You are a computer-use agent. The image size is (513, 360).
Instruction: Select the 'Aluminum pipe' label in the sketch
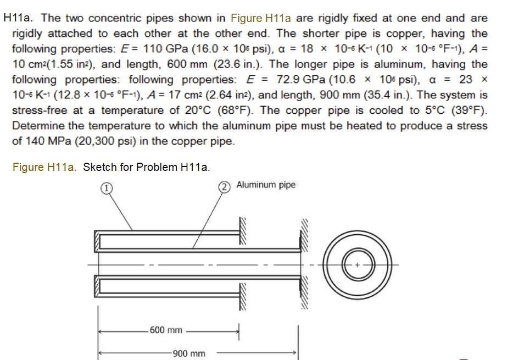[266, 185]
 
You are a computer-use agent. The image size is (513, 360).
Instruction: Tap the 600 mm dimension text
[165, 330]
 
